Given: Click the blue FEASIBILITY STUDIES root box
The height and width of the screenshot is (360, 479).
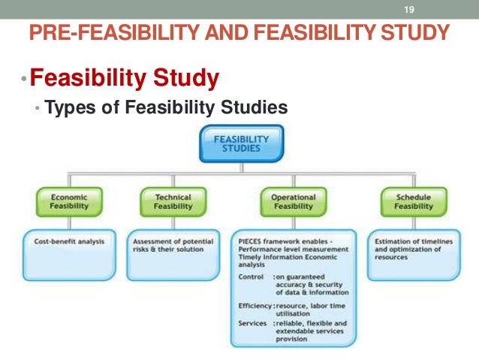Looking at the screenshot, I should click(239, 144).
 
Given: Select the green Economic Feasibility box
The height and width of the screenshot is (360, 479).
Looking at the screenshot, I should click(68, 201).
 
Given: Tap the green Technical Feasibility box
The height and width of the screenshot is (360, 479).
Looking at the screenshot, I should click(173, 201).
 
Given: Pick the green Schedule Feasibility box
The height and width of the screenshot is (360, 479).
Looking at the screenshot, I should click(414, 201).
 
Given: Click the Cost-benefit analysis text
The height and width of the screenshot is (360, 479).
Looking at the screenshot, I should click(69, 242).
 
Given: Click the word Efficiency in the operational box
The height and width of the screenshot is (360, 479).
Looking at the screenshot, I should click(253, 307).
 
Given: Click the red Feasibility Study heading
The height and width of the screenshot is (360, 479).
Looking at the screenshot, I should click(125, 77).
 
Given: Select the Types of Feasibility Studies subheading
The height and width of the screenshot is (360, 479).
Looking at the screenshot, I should click(166, 108).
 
